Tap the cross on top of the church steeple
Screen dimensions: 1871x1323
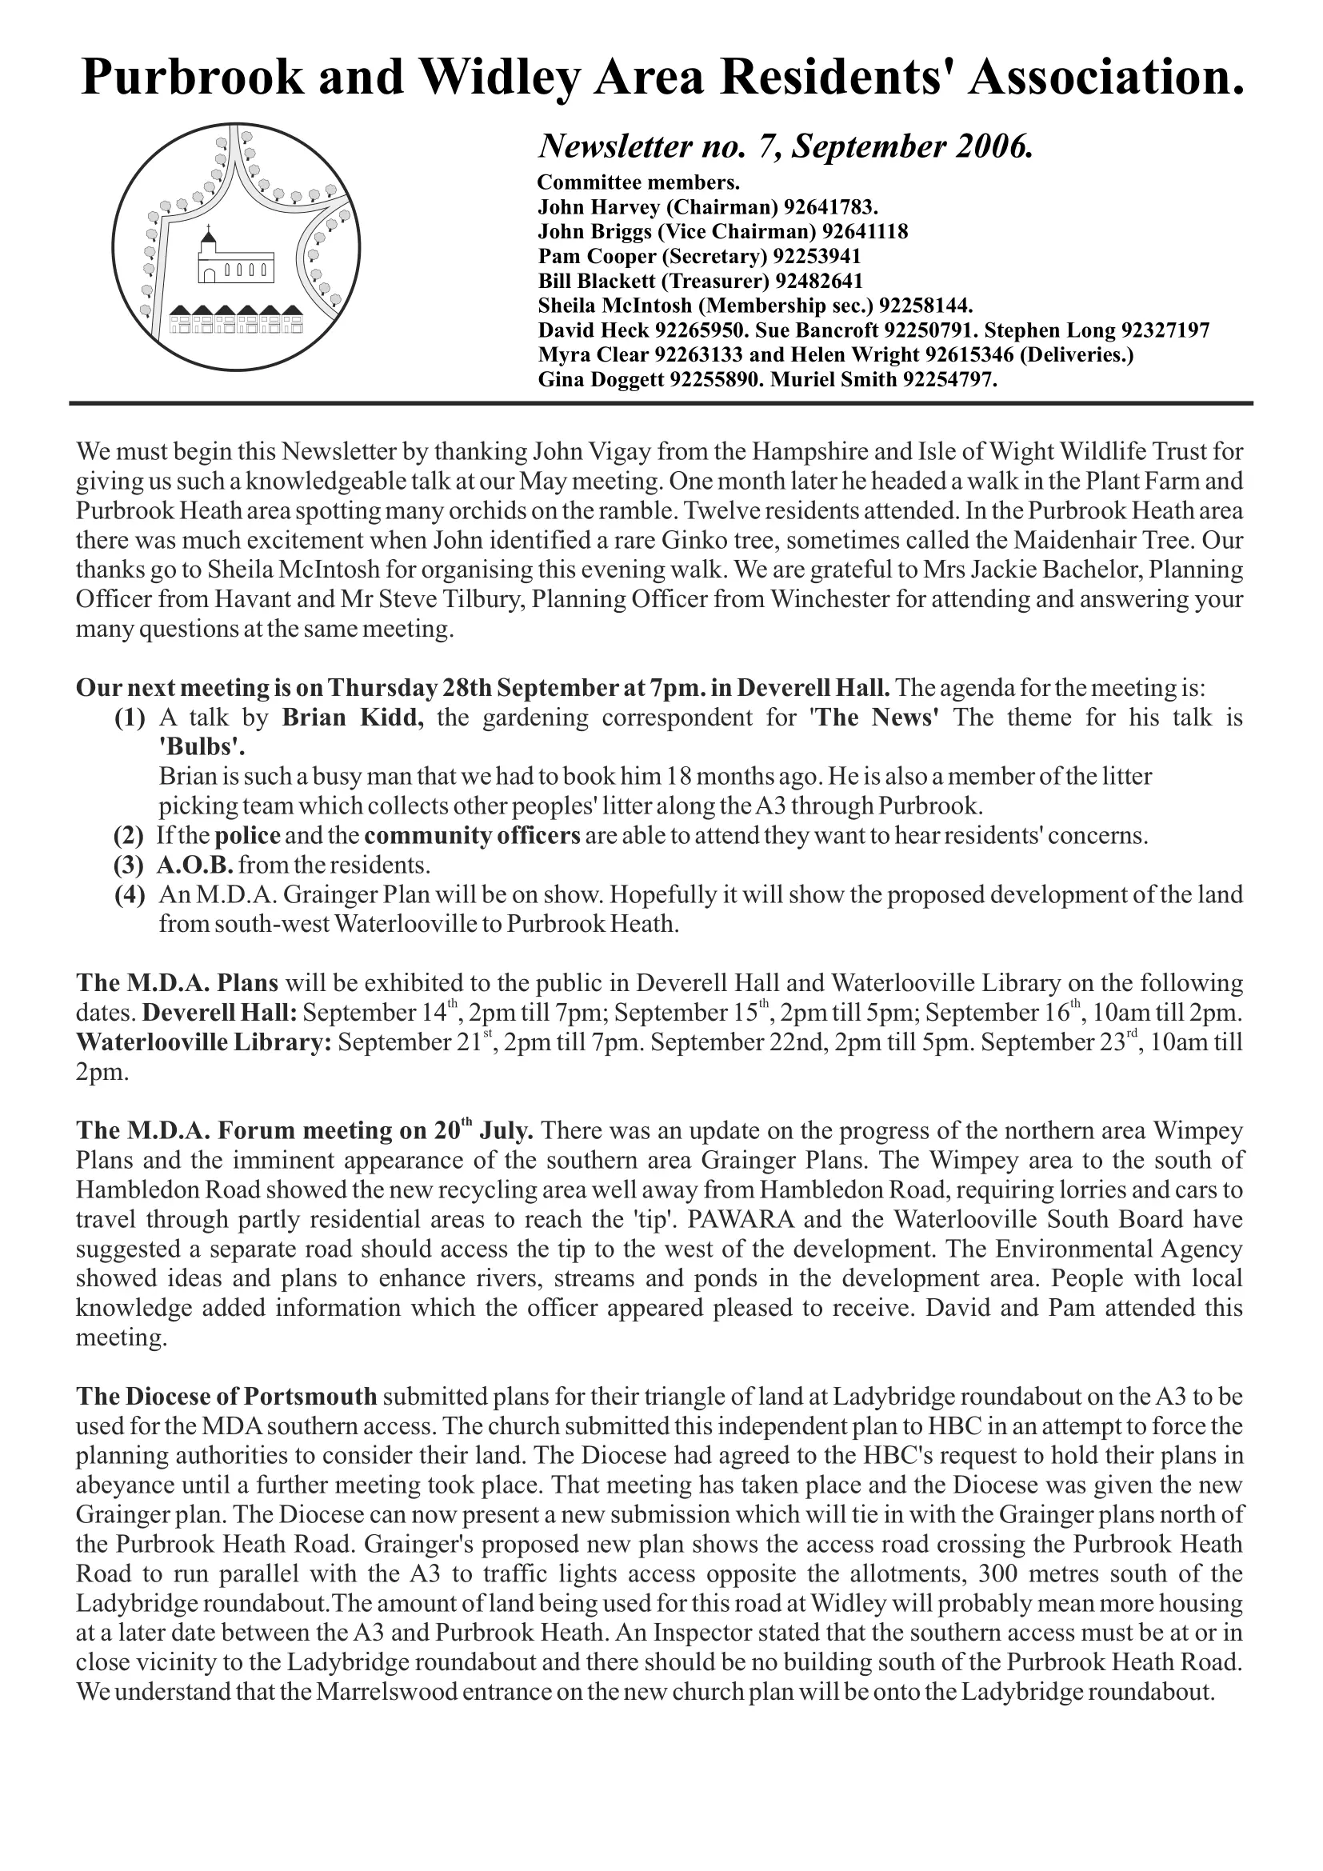(x=209, y=229)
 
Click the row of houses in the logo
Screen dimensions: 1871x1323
(x=236, y=319)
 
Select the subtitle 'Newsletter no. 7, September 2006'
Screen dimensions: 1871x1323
(x=785, y=146)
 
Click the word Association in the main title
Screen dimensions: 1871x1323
(x=1107, y=78)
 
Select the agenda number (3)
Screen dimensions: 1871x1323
(x=130, y=864)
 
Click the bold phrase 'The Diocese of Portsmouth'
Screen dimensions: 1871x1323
(x=226, y=1396)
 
